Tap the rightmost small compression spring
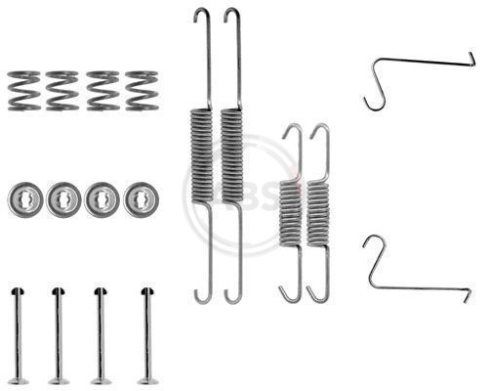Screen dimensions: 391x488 (x=140, y=90)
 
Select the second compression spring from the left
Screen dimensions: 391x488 (x=61, y=90)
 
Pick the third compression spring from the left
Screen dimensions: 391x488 (x=101, y=90)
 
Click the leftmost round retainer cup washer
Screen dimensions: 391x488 (x=23, y=199)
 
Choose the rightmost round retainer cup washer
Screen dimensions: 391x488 (x=141, y=199)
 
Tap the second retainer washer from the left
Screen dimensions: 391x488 (x=63, y=199)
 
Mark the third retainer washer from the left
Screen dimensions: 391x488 (x=102, y=199)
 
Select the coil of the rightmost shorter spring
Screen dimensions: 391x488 (x=318, y=215)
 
